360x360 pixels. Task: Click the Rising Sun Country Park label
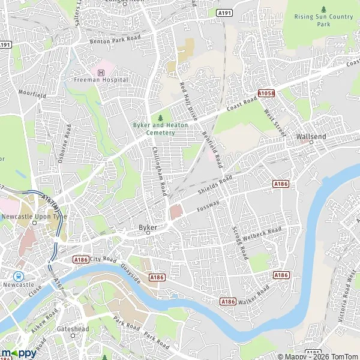coord(323,20)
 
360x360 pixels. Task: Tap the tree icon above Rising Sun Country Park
coord(323,9)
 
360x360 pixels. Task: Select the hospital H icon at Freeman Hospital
coord(101,73)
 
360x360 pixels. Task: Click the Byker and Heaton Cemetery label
coord(160,128)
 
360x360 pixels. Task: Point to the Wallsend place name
coord(311,137)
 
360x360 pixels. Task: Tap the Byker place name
coord(148,228)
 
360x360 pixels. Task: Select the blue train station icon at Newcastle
coord(20,277)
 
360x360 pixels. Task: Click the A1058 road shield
coord(266,94)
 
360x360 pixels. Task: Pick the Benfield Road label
coord(212,149)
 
